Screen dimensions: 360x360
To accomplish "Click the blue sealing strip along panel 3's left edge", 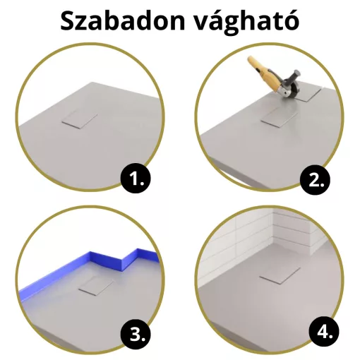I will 42,289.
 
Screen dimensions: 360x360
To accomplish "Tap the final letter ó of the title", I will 290,22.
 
